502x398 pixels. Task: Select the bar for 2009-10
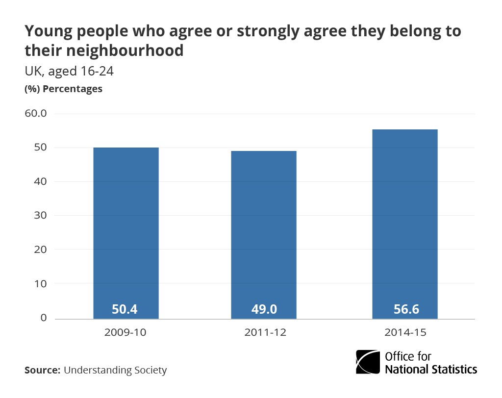125,230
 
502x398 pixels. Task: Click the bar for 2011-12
264,233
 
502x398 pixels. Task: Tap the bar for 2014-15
404,223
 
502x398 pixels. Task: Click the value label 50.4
125,309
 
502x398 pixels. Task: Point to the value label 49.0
264,309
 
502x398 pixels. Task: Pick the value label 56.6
404,309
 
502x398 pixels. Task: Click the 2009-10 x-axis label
125,332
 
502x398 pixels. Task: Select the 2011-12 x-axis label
264,332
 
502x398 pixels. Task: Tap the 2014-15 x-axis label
404,332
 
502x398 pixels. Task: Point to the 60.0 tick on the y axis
35,114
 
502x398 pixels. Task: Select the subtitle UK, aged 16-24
69,72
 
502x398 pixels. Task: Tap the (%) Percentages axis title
63,89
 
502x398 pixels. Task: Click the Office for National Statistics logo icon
367,363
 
